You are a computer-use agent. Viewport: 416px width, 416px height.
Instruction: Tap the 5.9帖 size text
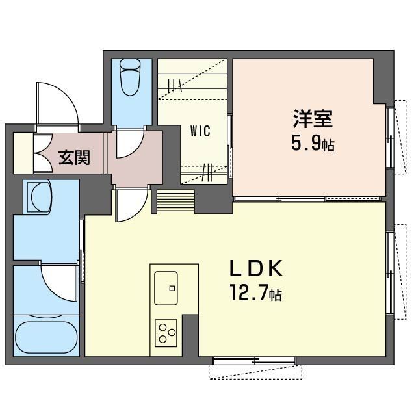point(313,143)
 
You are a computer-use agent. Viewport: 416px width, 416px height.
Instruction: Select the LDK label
point(256,268)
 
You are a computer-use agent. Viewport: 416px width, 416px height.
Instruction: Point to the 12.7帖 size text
point(256,292)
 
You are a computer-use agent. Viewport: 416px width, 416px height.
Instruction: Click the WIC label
point(200,131)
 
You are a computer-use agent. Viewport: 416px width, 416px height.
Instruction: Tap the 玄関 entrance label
point(74,157)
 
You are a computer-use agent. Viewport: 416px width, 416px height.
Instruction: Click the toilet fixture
point(130,77)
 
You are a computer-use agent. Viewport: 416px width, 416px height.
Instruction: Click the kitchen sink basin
point(166,288)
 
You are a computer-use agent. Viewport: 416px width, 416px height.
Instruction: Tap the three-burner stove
point(166,333)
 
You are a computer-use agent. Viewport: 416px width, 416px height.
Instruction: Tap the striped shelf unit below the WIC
point(175,201)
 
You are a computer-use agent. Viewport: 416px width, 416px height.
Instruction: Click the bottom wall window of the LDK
point(254,361)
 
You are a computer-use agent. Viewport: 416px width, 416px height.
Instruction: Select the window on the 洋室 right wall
point(390,136)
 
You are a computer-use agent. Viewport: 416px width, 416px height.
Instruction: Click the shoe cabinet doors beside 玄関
point(42,153)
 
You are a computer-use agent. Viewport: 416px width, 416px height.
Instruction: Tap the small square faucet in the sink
point(172,288)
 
